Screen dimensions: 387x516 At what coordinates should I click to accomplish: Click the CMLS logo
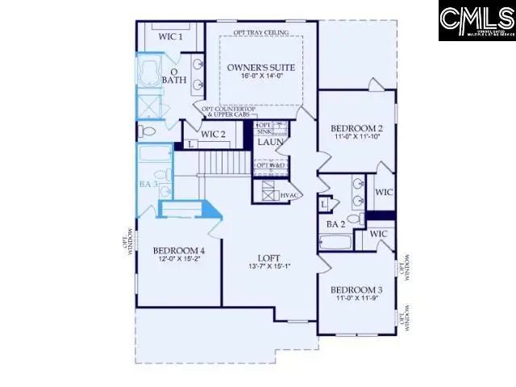[476, 21]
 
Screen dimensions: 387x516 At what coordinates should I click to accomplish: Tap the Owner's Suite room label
[260, 67]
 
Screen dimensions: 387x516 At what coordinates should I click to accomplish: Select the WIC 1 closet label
[170, 36]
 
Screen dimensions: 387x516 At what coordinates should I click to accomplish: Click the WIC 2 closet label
[214, 134]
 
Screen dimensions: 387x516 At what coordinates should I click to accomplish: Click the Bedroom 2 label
[356, 128]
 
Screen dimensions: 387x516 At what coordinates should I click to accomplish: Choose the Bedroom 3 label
[356, 289]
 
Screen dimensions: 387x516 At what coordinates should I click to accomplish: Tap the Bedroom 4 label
[179, 252]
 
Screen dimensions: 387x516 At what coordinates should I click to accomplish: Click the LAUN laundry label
[268, 143]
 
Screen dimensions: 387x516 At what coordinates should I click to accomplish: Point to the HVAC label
[289, 195]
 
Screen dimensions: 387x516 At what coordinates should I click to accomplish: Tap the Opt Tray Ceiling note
[260, 32]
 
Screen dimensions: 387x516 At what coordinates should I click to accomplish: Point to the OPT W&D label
[271, 167]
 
